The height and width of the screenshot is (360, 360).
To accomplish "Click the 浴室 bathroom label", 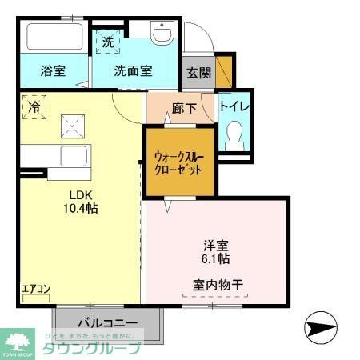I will pos(53,70).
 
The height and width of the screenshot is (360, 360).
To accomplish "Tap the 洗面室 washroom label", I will pos(132,70).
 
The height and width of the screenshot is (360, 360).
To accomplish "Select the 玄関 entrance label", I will pos(199,72).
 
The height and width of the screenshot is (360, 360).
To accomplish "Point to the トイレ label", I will pos(235,104).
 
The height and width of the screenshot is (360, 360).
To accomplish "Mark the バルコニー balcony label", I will pos(109,322).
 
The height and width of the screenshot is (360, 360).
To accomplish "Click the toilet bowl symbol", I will pos(235,134).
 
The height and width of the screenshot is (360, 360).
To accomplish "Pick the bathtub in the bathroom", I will pos(54,37).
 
